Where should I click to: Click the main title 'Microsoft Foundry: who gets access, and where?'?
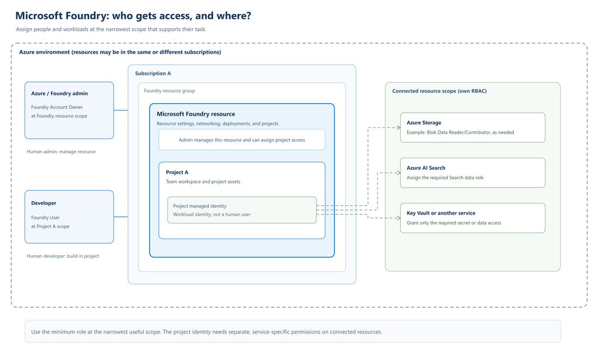click(133, 16)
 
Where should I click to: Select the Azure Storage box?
click(473, 128)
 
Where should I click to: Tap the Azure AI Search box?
click(473, 173)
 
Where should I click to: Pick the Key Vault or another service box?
click(473, 218)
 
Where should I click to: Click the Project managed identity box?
click(242, 210)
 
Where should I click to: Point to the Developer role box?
click(69, 217)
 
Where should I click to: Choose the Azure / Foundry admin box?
click(69, 110)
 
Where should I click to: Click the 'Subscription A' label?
click(153, 73)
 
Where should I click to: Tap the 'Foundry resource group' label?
click(169, 91)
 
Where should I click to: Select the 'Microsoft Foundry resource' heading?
click(196, 114)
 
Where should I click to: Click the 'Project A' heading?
click(177, 172)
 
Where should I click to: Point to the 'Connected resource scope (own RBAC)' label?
click(439, 91)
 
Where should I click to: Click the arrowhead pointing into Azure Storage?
click(398, 128)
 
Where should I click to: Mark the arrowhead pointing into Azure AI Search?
click(398, 173)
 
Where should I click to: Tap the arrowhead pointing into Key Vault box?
click(398, 218)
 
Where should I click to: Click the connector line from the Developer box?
click(121, 217)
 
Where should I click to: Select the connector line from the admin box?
click(121, 110)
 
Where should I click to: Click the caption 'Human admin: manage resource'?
click(61, 152)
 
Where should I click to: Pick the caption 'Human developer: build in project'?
click(63, 256)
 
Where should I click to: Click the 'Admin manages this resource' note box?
click(242, 140)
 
